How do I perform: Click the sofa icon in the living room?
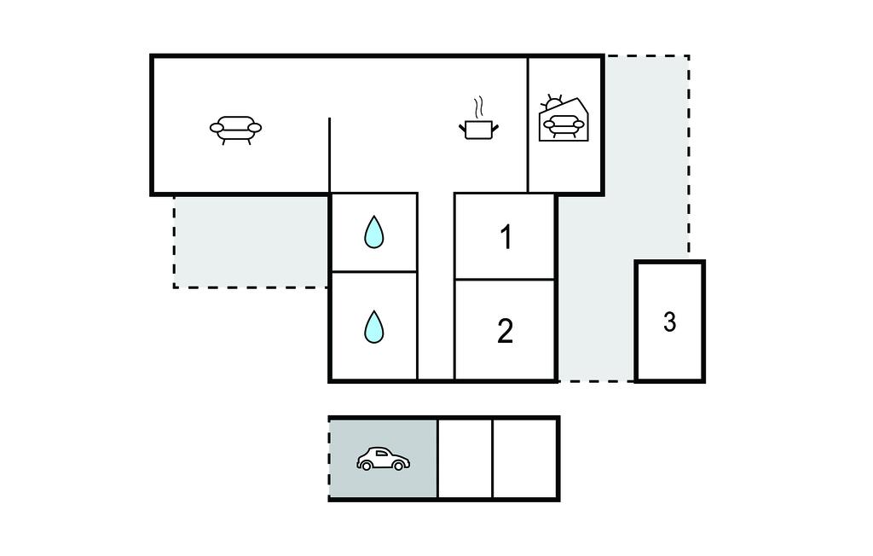click(x=235, y=130)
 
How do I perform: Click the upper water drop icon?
click(x=374, y=232)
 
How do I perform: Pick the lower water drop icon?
click(x=374, y=327)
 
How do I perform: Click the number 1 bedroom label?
click(x=506, y=237)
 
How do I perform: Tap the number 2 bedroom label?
click(x=505, y=332)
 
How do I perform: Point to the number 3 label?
click(x=670, y=322)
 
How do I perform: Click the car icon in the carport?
click(x=383, y=459)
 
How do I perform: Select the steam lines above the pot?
click(x=478, y=107)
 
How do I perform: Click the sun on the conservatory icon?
click(x=552, y=102)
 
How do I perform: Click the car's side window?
click(x=381, y=454)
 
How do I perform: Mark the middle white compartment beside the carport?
click(x=465, y=459)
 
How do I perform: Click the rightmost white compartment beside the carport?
click(x=525, y=459)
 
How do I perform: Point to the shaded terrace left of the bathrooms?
click(x=251, y=241)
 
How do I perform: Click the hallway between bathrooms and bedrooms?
click(x=436, y=287)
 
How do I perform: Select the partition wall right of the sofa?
click(x=330, y=155)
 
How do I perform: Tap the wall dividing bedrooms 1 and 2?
click(x=505, y=279)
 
